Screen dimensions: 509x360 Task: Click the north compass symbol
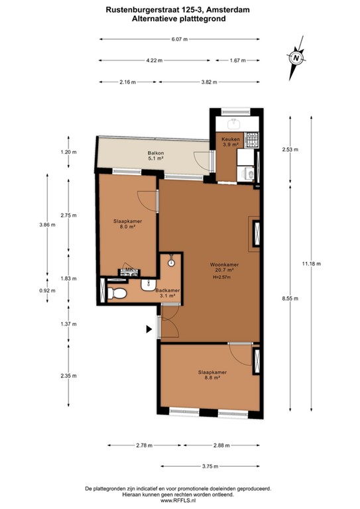click(296, 58)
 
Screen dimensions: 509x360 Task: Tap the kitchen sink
click(234, 123)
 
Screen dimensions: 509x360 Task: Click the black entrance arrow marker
click(149, 327)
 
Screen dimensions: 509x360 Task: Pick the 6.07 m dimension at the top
click(180, 39)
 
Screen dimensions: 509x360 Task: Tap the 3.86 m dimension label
click(47, 225)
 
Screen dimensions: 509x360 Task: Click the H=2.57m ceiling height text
click(221, 278)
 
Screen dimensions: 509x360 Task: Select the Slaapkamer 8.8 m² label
click(212, 375)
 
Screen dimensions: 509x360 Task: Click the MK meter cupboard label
click(129, 270)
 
